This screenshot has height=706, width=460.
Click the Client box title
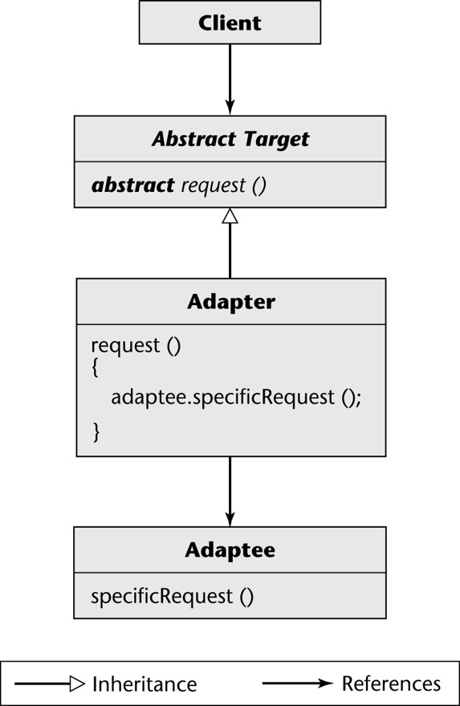pos(230,23)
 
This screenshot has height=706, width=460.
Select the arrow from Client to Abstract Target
pos(230,80)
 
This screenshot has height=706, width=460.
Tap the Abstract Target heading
pos(230,139)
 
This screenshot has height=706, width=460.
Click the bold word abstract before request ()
pos(132,185)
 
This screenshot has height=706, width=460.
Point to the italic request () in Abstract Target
pos(224,186)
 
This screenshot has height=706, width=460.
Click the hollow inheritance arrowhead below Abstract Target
pos(230,216)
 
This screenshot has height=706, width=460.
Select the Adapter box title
pos(231,302)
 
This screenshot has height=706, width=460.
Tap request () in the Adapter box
pos(136,346)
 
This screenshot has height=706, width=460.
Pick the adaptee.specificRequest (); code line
pos(236,398)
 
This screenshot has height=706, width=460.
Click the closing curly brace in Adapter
pos(96,432)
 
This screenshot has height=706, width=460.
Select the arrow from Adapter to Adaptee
pos(230,492)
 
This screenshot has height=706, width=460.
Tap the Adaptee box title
pos(230,550)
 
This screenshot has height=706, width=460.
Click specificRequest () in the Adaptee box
pos(173,597)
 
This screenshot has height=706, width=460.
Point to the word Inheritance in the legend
pos(145,684)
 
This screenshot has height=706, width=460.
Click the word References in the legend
pos(391,684)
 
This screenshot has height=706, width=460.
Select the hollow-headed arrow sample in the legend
pos(50,684)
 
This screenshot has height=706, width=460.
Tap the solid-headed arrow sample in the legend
pos(298,684)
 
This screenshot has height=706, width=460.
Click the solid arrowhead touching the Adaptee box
pos(230,518)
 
